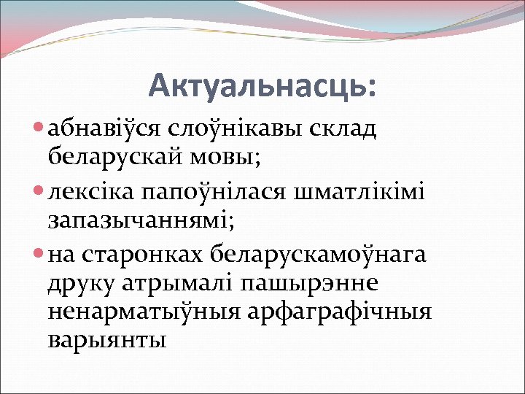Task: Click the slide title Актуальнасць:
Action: (x=263, y=86)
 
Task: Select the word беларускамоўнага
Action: (x=319, y=255)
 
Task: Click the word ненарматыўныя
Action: (x=146, y=311)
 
